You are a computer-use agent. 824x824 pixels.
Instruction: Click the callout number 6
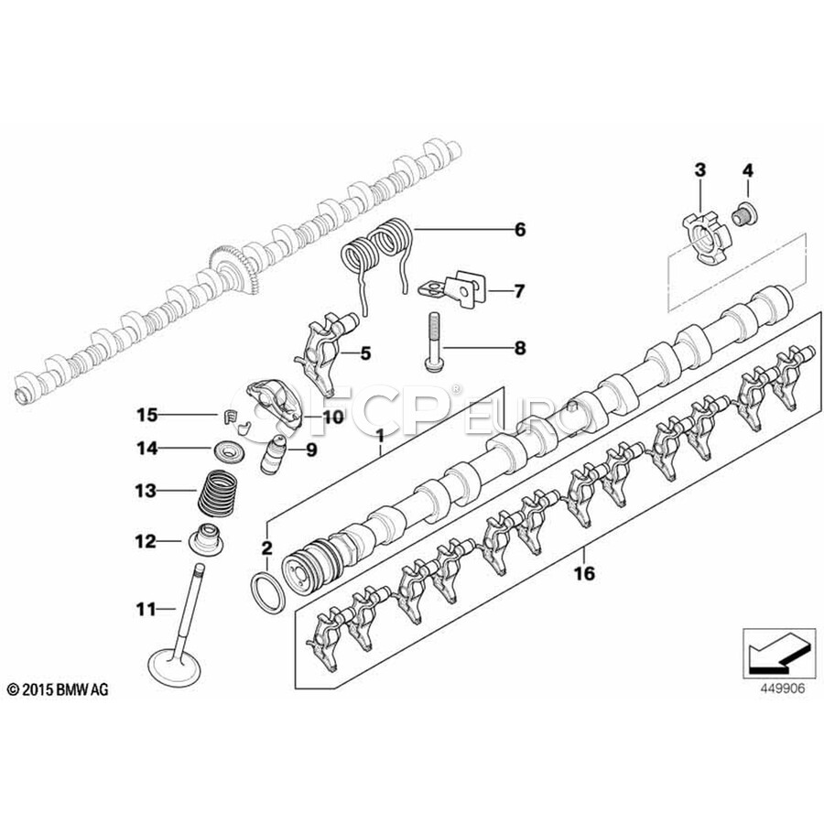click(x=519, y=230)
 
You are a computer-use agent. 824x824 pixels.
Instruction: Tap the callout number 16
click(x=584, y=573)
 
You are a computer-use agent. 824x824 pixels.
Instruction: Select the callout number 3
click(x=700, y=170)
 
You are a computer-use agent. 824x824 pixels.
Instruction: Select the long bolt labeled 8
click(x=434, y=342)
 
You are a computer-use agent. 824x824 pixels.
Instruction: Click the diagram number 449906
click(x=782, y=688)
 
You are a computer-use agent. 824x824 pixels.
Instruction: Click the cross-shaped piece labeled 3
click(x=707, y=237)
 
